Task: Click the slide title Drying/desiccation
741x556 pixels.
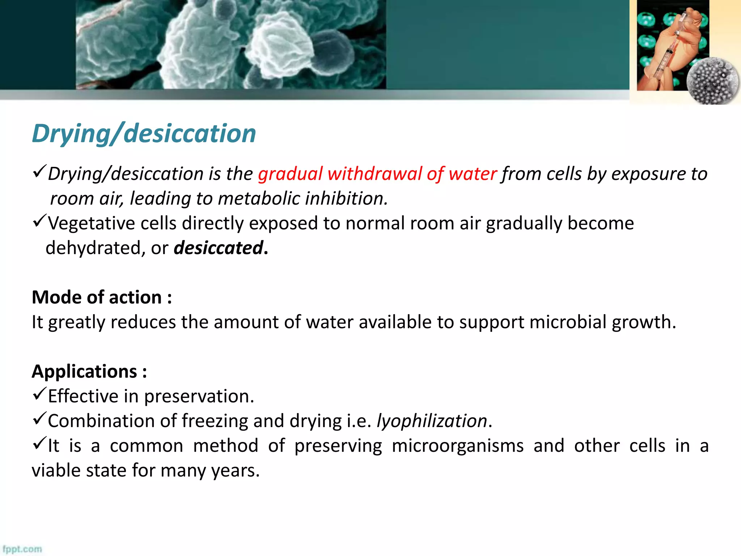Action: click(144, 134)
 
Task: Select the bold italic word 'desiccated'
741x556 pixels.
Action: click(218, 248)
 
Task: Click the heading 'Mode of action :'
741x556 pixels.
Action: click(102, 298)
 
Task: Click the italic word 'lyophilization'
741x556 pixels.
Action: click(432, 421)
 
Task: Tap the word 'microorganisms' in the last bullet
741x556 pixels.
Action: click(457, 446)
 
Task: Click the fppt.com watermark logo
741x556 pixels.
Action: click(22, 549)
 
